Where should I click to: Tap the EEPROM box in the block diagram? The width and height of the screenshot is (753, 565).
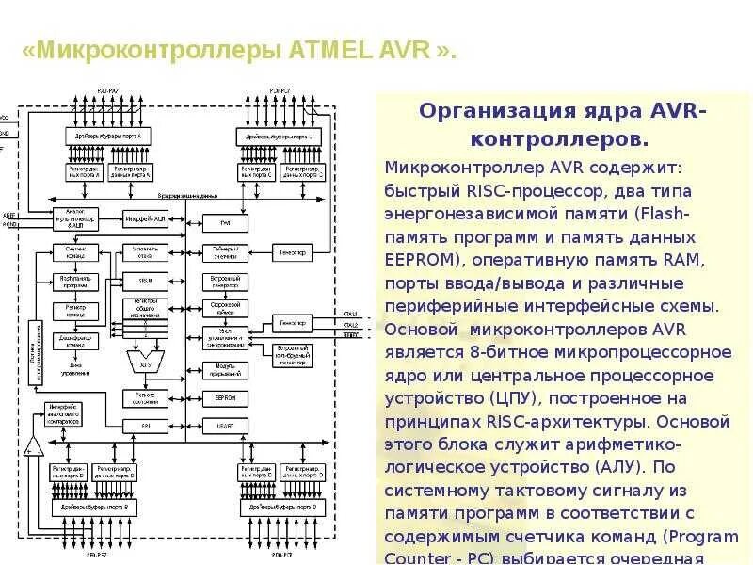click(225, 398)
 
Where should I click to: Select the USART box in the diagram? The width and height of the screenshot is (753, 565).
click(225, 426)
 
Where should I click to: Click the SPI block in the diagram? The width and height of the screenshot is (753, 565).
click(145, 426)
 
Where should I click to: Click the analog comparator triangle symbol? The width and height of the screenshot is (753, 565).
click(34, 445)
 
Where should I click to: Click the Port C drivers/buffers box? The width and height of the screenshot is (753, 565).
click(279, 137)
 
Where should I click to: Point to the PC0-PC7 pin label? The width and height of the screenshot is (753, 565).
click(280, 89)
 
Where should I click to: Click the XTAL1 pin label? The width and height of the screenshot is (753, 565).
click(350, 314)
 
